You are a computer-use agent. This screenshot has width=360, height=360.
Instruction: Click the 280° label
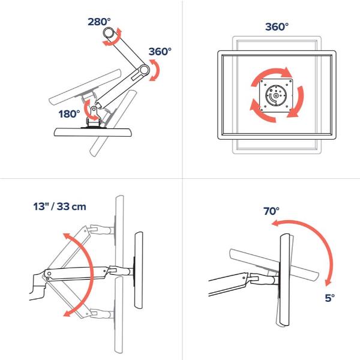point(99,22)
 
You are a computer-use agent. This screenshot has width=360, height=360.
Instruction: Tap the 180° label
point(70,114)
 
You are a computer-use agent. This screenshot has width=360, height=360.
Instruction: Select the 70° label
point(271,211)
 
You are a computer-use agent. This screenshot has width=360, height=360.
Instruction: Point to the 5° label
point(330,298)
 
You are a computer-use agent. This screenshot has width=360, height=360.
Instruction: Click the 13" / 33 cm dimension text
point(59,206)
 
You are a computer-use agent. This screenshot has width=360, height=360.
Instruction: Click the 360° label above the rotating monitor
point(277,27)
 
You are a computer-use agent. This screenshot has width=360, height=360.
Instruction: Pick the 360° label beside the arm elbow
point(160,52)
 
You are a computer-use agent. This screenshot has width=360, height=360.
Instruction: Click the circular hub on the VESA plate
point(276,95)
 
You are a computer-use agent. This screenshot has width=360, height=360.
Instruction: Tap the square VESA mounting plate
point(277,95)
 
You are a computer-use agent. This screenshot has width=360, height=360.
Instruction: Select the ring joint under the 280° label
point(109,34)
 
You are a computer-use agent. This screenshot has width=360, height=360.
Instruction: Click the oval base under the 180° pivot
point(93,132)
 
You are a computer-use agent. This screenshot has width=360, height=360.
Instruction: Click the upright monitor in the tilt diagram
point(285,280)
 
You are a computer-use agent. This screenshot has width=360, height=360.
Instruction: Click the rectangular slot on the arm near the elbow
point(137,77)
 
